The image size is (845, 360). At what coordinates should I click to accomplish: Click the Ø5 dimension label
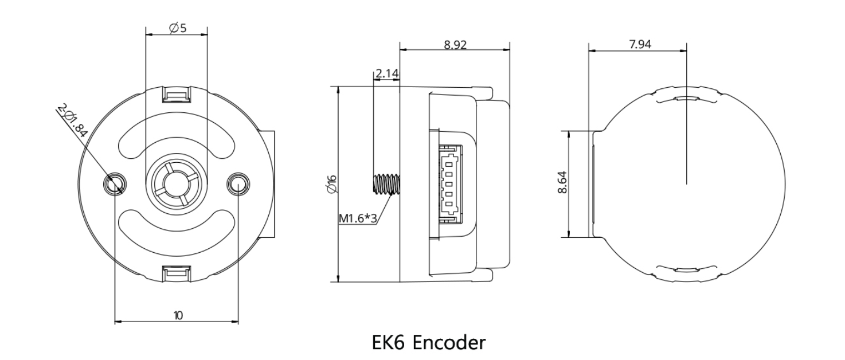tap(178, 28)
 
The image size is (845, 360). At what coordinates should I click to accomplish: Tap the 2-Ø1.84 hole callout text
tap(72, 121)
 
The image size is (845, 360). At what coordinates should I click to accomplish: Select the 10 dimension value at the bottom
tap(178, 315)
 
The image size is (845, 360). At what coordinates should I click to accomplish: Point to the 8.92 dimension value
tap(455, 45)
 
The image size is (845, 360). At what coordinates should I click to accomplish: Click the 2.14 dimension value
tap(386, 73)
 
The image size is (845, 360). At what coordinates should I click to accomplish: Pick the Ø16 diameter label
tap(332, 185)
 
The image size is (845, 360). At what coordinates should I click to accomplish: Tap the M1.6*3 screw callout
tap(358, 218)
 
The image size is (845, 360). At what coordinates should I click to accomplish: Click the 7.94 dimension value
tap(640, 45)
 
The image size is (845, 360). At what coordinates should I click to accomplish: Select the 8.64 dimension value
tap(562, 182)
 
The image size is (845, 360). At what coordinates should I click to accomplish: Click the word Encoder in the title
tap(449, 343)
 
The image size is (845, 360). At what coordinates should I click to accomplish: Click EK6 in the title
tap(388, 343)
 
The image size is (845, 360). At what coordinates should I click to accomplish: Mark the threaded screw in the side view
tap(386, 184)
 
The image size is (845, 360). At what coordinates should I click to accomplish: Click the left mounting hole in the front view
tap(115, 184)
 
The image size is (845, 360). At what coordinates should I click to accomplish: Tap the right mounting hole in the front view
tap(238, 184)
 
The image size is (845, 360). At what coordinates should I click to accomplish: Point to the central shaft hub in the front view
tap(177, 184)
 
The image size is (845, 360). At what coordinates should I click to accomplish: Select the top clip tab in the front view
tap(177, 95)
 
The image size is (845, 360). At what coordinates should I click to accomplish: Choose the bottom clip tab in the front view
tap(177, 273)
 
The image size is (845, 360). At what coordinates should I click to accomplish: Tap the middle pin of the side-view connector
tap(449, 185)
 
